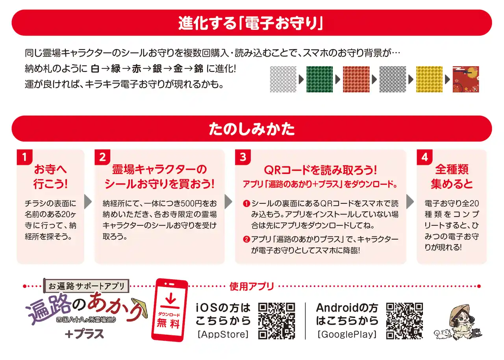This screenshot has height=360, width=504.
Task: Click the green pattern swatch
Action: [x=319, y=79]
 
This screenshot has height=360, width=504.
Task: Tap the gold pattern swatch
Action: [x=429, y=79]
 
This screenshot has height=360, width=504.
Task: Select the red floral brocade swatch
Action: [x=466, y=79]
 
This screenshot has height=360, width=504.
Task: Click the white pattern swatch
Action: [x=283, y=79]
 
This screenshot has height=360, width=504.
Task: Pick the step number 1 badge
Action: [x=24, y=157]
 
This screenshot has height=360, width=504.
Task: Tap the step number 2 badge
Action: [x=102, y=157]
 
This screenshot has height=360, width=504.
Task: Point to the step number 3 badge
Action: [x=243, y=157]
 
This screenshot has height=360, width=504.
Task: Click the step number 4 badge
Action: [x=424, y=157]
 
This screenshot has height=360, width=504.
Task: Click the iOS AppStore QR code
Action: [x=276, y=321]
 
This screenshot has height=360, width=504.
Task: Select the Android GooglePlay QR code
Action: [x=404, y=321]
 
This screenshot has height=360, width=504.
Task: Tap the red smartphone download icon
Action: [x=170, y=310]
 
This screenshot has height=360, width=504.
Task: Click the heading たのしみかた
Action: [x=252, y=129]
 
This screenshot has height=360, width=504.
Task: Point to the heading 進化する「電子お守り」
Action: [x=251, y=23]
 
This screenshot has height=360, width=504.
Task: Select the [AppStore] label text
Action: [x=223, y=334]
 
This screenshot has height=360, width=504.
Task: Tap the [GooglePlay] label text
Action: [x=347, y=334]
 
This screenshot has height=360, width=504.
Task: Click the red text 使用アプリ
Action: [x=252, y=286]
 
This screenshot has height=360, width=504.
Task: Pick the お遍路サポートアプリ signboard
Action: [x=86, y=286]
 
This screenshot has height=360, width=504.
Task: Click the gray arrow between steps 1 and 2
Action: [x=88, y=202]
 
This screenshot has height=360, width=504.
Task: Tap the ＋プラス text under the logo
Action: [x=84, y=334]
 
